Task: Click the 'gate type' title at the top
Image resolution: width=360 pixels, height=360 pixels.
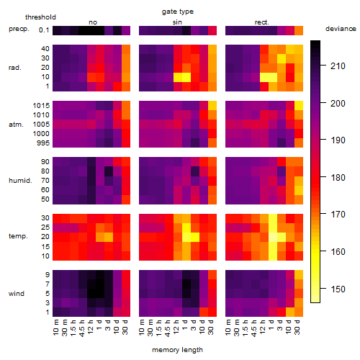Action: [178, 12]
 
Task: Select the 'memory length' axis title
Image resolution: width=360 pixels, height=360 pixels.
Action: [177, 350]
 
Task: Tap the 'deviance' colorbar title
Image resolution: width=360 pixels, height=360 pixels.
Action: [341, 29]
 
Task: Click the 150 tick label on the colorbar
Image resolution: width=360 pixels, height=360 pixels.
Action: [338, 289]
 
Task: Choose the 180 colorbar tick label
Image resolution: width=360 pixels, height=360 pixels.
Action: [338, 178]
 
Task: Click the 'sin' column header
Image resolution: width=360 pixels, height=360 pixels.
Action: [177, 22]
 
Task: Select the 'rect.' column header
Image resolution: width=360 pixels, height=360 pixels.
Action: [262, 22]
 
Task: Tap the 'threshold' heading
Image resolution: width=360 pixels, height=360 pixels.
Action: [40, 17]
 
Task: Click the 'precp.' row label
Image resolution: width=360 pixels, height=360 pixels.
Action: [19, 30]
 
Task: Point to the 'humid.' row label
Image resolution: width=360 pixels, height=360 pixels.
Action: [20, 181]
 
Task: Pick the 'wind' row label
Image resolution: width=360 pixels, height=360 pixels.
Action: [17, 294]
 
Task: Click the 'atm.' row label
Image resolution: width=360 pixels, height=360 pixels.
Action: [16, 125]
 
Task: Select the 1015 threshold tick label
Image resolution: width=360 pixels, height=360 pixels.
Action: [41, 106]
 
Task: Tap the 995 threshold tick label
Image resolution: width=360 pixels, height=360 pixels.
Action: [43, 143]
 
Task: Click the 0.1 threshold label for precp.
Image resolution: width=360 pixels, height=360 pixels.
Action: [44, 30]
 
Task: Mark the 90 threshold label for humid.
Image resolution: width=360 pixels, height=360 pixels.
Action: [45, 162]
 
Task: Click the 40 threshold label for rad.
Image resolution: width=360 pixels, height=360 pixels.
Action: [45, 49]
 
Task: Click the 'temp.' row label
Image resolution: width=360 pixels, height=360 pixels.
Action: [18, 236]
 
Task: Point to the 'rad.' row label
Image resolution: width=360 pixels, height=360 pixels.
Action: [15, 68]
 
